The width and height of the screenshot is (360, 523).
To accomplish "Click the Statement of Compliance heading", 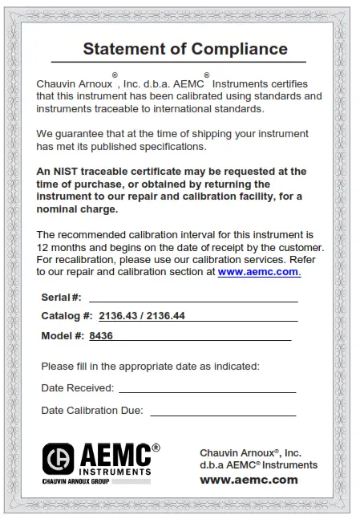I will click(x=185, y=48).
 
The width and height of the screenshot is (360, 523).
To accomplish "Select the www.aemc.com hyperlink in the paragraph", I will click(x=259, y=272).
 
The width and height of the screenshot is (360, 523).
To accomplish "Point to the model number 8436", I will click(x=101, y=336).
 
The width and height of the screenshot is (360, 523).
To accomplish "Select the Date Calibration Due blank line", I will click(x=222, y=412).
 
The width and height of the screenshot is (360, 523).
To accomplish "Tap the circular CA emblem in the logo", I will click(x=58, y=459).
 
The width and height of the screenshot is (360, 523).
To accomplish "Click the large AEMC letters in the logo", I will click(x=115, y=454).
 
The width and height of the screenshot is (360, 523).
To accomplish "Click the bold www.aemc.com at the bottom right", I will click(x=249, y=480).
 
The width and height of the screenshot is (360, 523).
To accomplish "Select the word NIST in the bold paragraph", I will click(x=63, y=171).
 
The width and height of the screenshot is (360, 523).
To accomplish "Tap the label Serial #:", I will click(x=61, y=298).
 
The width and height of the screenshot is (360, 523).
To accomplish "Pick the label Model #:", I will click(x=63, y=336).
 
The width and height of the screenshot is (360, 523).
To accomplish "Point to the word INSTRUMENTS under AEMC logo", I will click(x=115, y=471).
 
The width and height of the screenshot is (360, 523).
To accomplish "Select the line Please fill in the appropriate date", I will click(x=150, y=367).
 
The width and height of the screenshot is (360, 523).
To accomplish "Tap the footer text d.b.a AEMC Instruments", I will click(x=258, y=465).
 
